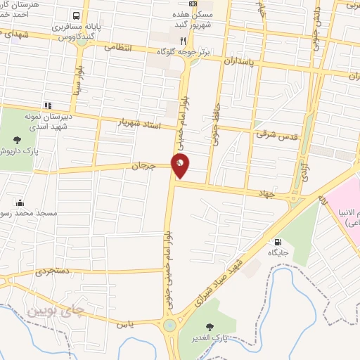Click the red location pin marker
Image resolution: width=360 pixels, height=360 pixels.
181,166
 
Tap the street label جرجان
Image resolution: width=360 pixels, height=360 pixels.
142,167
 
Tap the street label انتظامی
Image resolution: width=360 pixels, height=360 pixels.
119,47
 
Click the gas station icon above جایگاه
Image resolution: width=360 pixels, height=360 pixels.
280,240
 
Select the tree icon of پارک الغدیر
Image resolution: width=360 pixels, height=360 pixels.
209,327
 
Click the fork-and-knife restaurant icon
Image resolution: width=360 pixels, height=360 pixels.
184,41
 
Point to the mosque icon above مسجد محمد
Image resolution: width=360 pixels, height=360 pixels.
19,202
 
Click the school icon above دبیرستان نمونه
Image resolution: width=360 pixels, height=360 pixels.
48,105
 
